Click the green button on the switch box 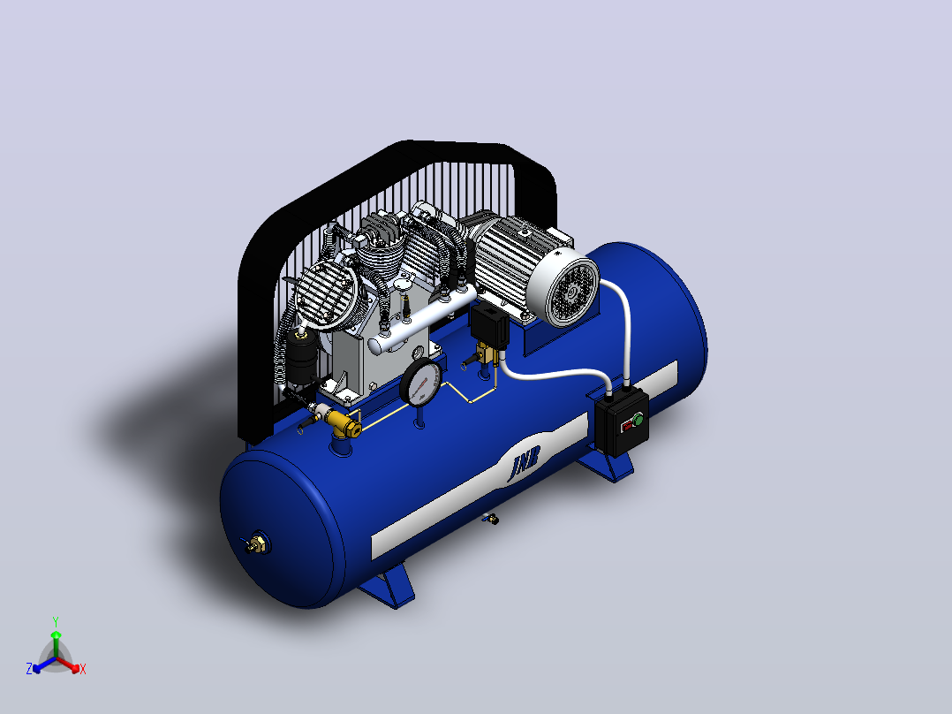638,419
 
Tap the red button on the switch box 627,427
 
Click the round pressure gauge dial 421,382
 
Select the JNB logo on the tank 524,463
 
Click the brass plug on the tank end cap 257,543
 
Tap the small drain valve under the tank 491,519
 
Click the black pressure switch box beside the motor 489,325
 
